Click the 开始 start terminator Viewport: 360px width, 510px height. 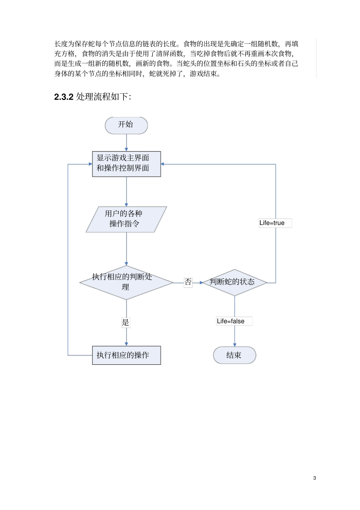(126, 125)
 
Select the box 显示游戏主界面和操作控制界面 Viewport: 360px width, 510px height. (126, 164)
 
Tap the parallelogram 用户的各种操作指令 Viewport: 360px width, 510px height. (126, 219)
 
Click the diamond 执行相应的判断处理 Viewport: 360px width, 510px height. (126, 282)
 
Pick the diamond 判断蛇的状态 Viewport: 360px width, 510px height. (234, 282)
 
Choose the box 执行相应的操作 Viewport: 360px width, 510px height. (126, 355)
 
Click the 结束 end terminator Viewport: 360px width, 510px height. (234, 355)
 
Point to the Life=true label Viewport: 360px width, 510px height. (272, 223)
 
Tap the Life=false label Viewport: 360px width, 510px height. (231, 321)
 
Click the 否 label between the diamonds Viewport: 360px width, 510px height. (188, 282)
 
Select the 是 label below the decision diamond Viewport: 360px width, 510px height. (125, 323)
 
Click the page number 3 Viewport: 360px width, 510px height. (315, 478)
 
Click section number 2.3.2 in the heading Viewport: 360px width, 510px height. (64, 97)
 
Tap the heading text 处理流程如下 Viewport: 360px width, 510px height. (103, 97)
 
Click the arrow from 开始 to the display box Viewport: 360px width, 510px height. (126, 143)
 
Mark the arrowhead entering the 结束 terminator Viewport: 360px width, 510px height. (235, 344)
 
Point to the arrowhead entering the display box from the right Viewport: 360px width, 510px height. (163, 164)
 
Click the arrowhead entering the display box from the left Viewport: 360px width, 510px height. (90, 164)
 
